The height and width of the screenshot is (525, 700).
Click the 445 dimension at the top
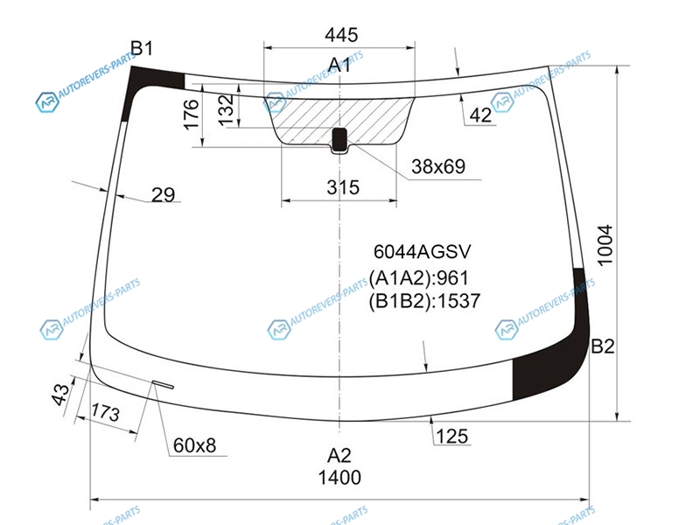click(x=341, y=34)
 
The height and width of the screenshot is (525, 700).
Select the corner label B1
click(x=142, y=48)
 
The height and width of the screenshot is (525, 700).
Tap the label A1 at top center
click(x=339, y=65)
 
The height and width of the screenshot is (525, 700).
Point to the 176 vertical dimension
click(x=191, y=115)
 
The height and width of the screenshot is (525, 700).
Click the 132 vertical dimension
click(x=226, y=109)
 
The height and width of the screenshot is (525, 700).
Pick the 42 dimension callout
click(x=480, y=115)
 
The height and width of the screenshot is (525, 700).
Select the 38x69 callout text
click(x=438, y=166)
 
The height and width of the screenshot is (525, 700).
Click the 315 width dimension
click(x=343, y=187)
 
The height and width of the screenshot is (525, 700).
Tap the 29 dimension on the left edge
click(x=163, y=194)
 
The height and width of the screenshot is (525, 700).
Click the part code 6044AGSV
click(x=422, y=252)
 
